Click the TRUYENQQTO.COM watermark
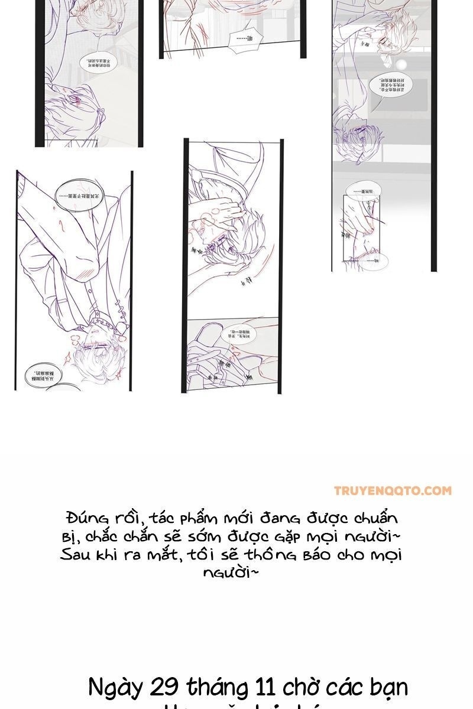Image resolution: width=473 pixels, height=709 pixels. (393, 490)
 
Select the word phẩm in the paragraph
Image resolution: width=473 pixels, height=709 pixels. (196, 519)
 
